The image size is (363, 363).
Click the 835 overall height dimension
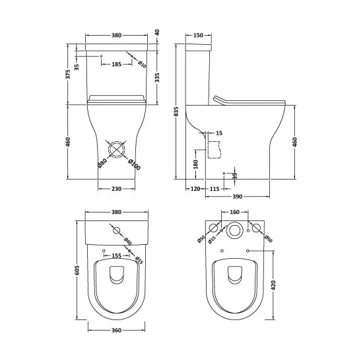pyautogui.click(x=176, y=112)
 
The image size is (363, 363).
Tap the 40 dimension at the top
pyautogui.click(x=157, y=32)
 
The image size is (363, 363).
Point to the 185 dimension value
pyautogui.click(x=116, y=64)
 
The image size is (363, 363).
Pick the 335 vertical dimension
pyautogui.click(x=157, y=79)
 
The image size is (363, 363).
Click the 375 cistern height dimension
pyautogui.click(x=69, y=75)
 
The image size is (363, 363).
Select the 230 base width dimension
pyautogui.click(x=115, y=189)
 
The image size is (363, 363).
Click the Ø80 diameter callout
pyautogui.click(x=100, y=162)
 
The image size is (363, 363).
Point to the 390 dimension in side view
pyautogui.click(x=236, y=197)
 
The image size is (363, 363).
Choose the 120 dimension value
pyautogui.click(x=195, y=189)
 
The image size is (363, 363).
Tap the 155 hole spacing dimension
pyautogui.click(x=115, y=255)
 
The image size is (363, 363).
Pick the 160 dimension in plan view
pyautogui.click(x=234, y=213)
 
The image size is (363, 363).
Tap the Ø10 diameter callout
pyautogui.click(x=142, y=63)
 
